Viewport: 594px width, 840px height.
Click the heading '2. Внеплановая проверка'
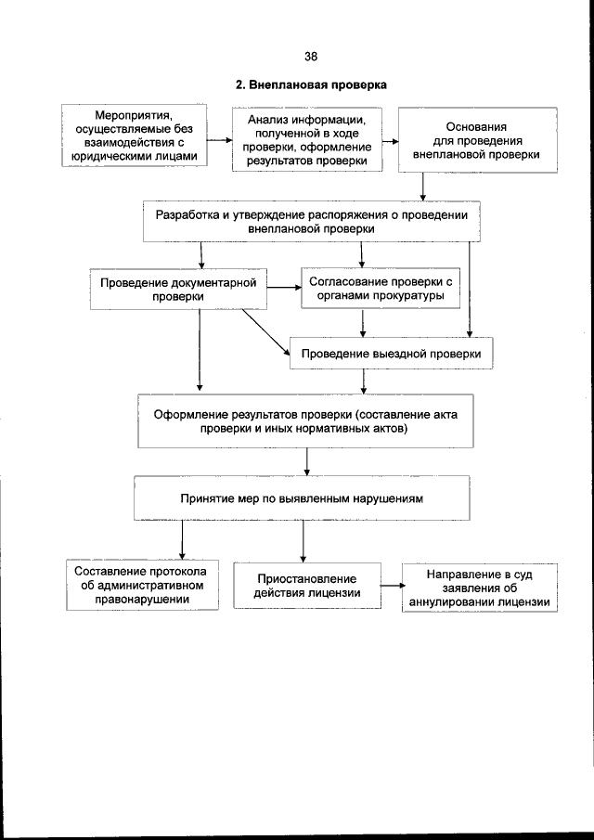coord(310,85)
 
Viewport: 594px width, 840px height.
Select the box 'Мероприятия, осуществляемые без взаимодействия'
coord(134,136)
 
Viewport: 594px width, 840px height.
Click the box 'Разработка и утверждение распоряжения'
coord(312,221)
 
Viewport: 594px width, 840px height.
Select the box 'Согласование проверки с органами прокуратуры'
coord(381,289)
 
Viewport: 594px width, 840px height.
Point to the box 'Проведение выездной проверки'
coord(390,354)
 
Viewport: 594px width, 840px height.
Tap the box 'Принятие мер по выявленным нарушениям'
coord(302,498)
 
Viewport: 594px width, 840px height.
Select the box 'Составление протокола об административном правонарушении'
coord(142,585)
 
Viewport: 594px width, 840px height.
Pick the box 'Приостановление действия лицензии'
coord(307,586)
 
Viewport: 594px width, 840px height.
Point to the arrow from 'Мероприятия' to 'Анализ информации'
coord(219,141)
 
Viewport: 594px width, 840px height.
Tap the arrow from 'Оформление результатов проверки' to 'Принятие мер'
coord(306,462)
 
